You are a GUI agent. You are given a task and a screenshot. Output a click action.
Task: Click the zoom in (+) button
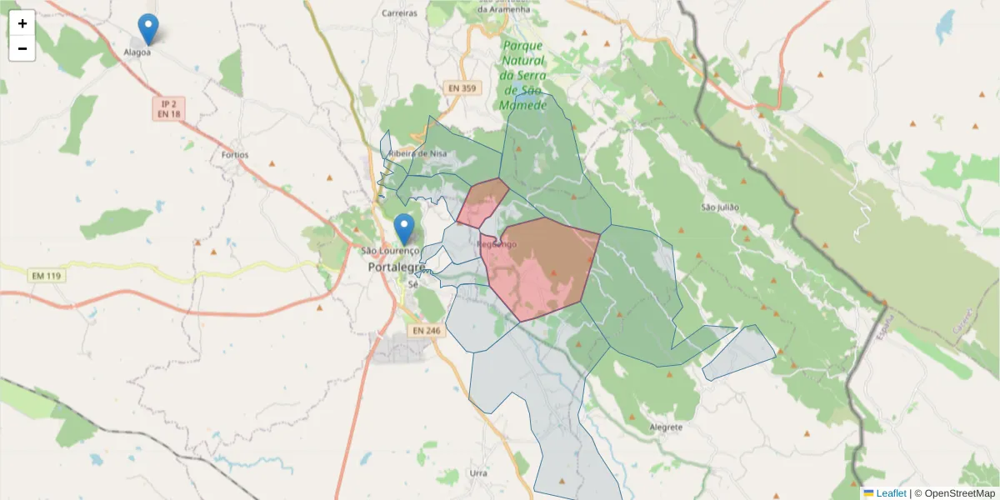22,23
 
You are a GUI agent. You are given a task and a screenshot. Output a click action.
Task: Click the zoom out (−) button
22,48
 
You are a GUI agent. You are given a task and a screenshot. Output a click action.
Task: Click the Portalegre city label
397,267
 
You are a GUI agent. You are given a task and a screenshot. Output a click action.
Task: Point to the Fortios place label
235,155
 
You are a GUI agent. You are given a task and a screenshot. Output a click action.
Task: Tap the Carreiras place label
398,13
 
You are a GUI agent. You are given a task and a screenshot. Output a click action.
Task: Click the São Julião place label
721,207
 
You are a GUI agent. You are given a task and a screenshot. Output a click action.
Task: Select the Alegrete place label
665,427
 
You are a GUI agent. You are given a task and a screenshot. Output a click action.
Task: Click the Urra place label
478,472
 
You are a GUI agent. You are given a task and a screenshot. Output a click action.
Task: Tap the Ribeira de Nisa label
422,153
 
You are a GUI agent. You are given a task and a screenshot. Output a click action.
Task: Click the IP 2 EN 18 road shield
169,108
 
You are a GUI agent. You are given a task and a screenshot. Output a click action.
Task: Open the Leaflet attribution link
890,493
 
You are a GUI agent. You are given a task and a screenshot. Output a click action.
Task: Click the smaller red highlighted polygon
482,202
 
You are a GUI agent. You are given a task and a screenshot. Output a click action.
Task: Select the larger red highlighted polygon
542,267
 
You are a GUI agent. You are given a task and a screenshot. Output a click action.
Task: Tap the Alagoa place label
137,52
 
